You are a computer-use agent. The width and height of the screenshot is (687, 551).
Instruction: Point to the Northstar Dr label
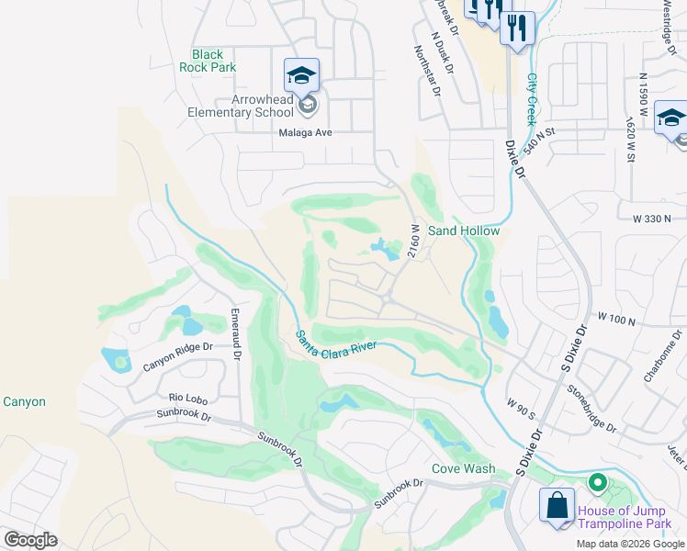click(427, 73)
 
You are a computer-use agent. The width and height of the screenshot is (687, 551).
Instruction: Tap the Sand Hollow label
click(464, 231)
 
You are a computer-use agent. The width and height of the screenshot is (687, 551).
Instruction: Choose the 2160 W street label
click(415, 241)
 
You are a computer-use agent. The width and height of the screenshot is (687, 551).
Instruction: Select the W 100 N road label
click(616, 318)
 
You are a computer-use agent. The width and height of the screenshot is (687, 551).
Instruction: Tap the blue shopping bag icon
click(557, 505)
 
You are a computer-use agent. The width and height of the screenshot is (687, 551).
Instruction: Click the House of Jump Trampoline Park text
click(630, 515)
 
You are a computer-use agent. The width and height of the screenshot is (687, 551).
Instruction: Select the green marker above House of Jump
click(597, 481)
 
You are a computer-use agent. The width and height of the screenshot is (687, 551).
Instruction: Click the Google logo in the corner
click(30, 539)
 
